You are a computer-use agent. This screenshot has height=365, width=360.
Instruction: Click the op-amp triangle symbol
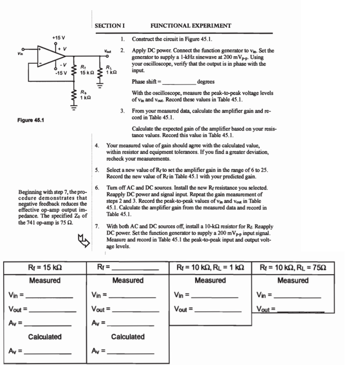[50, 56]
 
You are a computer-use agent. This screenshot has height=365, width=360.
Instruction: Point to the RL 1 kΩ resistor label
[113, 70]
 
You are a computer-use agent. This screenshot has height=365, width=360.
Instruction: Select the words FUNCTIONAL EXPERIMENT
[191, 26]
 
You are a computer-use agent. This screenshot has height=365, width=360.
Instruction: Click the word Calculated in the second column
[128, 336]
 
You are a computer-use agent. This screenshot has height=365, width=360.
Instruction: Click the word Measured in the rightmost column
[293, 281]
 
